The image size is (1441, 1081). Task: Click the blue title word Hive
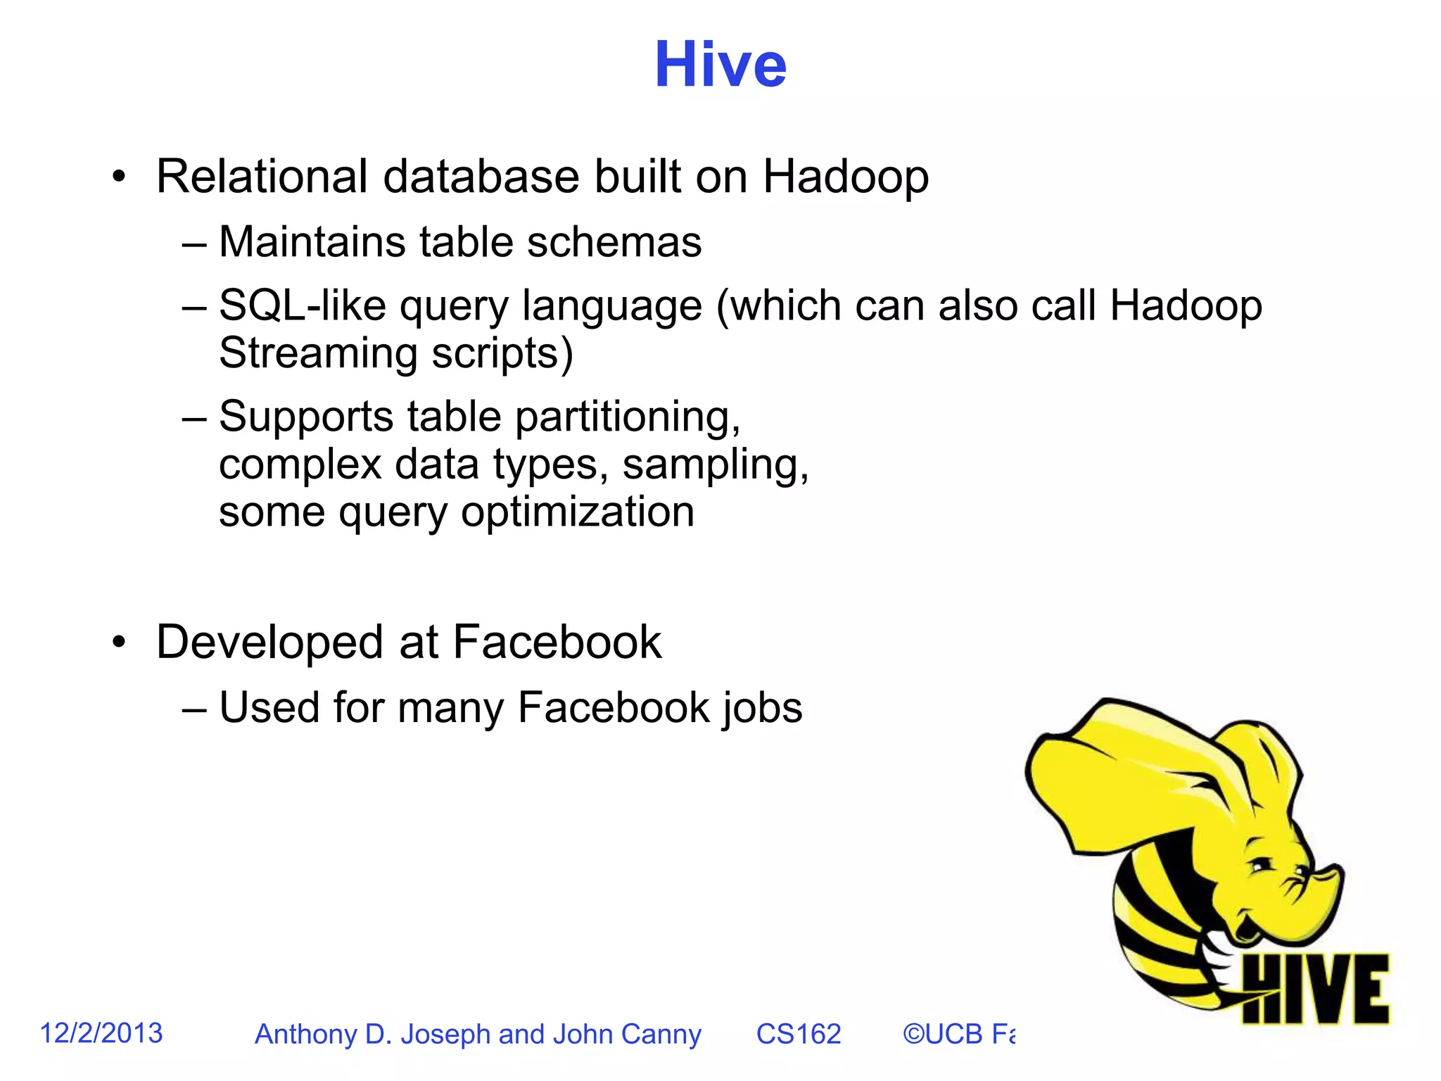(x=720, y=65)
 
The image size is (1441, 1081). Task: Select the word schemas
(x=614, y=242)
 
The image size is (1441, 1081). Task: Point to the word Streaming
(x=318, y=353)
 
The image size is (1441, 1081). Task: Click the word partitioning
(x=628, y=417)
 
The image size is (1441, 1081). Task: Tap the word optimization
(x=577, y=512)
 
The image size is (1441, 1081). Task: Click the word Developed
(x=271, y=642)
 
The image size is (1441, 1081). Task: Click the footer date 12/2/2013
(x=101, y=1033)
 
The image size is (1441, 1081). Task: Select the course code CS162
(x=798, y=1034)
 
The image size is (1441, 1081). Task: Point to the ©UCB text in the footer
(x=943, y=1034)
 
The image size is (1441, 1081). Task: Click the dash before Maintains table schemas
(x=193, y=244)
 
